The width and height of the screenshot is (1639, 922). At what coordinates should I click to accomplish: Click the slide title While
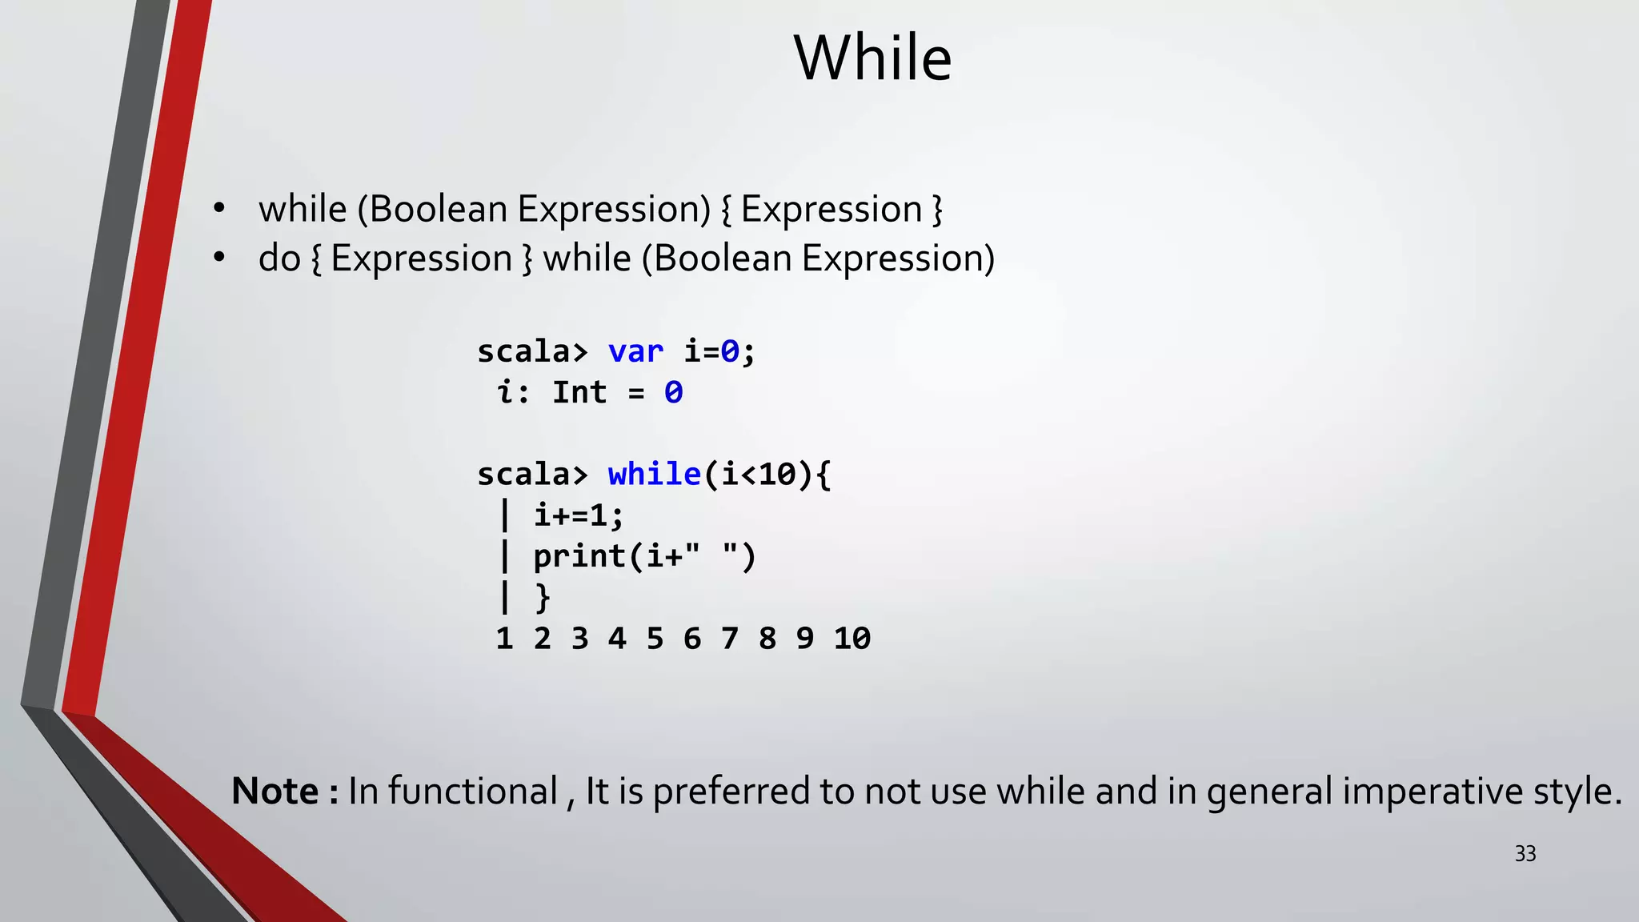[x=872, y=58]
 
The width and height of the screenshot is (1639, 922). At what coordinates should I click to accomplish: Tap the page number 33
[x=1525, y=854]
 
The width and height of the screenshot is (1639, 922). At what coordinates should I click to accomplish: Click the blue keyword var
[x=635, y=351]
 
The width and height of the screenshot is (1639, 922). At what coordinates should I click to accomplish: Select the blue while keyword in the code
[x=654, y=474]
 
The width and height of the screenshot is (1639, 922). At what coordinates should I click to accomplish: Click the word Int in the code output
[x=579, y=392]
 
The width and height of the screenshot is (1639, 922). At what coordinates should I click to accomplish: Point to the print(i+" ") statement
[x=644, y=556]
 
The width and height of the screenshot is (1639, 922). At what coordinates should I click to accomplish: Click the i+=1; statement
[x=579, y=515]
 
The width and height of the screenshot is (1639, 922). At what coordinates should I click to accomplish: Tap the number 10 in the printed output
[x=852, y=639]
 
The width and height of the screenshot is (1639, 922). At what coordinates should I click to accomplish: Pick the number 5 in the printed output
[x=655, y=639]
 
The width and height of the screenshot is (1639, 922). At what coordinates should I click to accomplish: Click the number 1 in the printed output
[x=504, y=639]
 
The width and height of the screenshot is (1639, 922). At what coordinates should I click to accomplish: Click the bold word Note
[x=275, y=791]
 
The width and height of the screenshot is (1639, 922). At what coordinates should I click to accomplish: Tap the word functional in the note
[x=473, y=791]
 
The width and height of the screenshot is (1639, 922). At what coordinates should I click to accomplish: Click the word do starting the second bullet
[x=279, y=259]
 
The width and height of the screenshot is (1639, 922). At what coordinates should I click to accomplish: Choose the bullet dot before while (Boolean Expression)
[x=219, y=209]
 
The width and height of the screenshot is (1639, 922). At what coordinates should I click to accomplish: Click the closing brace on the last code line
[x=543, y=597]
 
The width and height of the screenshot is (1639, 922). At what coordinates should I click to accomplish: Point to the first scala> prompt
[x=532, y=351]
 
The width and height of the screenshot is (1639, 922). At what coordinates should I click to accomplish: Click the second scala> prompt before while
[x=532, y=474]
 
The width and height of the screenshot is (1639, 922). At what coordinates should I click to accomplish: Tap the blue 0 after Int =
[x=673, y=392]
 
